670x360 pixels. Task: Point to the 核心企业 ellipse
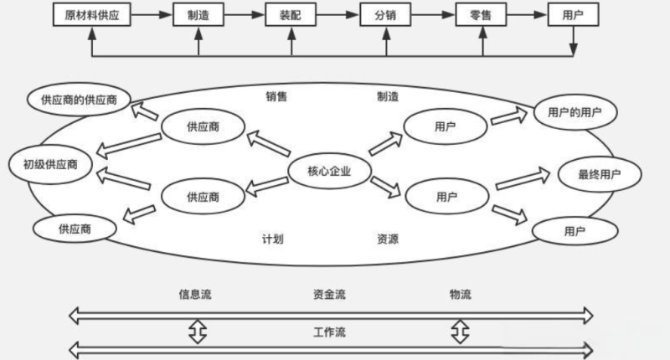point(319,172)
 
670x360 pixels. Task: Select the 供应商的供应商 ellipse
point(79,99)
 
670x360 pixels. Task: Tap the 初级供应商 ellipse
point(50,163)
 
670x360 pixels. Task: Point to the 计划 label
point(272,239)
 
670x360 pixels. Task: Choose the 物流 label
point(460,294)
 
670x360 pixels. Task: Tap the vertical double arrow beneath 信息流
point(196,330)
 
